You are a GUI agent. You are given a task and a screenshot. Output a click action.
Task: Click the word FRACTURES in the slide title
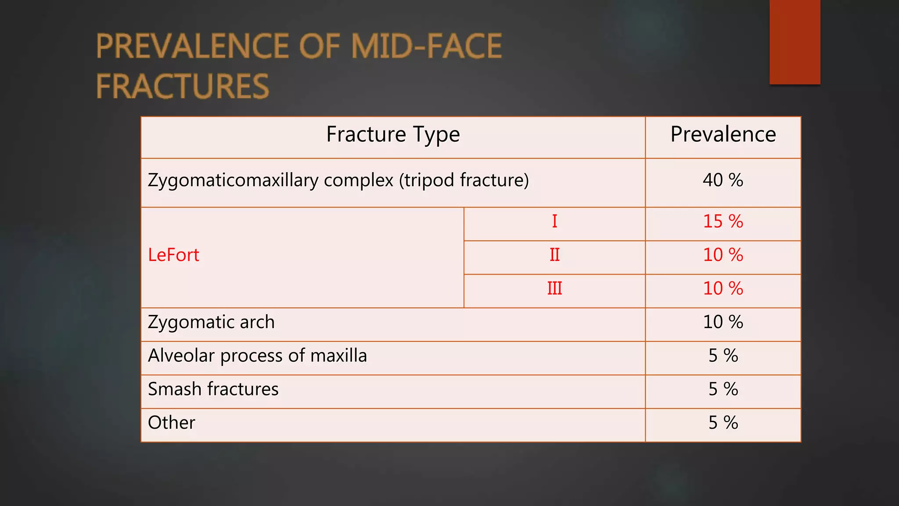[182, 87]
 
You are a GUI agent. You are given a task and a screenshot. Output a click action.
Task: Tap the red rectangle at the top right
[795, 42]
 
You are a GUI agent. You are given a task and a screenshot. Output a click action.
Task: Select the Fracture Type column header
[393, 134]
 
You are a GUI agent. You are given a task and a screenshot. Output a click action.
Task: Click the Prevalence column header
[723, 134]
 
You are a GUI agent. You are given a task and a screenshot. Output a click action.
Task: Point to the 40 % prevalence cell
[723, 180]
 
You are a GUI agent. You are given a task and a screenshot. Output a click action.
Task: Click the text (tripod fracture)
[464, 181]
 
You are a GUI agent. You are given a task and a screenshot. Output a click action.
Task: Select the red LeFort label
[173, 255]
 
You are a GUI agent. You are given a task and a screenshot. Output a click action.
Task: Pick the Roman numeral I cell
[554, 221]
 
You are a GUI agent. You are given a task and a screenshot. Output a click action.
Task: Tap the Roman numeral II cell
[554, 255]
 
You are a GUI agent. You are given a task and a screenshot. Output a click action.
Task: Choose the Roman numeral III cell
[554, 289]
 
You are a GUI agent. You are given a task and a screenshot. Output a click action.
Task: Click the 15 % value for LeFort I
[723, 221]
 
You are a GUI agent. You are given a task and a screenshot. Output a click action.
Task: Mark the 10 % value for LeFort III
[723, 289]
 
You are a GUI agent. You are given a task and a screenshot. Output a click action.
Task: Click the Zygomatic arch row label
[211, 322]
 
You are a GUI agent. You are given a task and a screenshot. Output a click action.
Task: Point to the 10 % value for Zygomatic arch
[723, 322]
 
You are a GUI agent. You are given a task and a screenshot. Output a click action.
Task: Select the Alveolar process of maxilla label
[257, 356]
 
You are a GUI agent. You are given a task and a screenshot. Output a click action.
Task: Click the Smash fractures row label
[213, 389]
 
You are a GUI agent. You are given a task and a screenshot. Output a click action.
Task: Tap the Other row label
[171, 423]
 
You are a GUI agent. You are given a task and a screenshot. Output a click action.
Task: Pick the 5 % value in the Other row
[723, 423]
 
